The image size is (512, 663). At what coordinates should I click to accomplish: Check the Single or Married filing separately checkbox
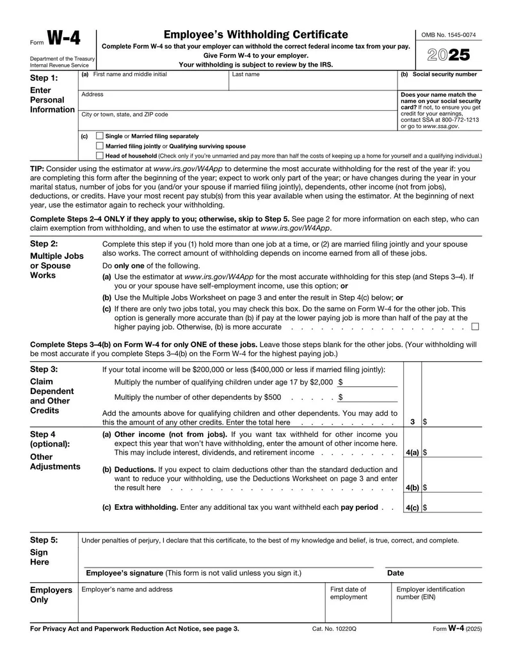pos(99,136)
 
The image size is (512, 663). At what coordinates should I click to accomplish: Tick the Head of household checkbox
pos(99,155)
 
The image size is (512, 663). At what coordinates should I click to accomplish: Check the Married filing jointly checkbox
pos(99,145)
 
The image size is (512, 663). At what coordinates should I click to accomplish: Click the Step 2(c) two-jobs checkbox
pos(475,327)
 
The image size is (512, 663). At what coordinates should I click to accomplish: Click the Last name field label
pos(246,74)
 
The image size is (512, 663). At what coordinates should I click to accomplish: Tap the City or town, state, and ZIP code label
pos(125,115)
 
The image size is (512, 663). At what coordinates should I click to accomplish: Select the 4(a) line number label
pos(412,452)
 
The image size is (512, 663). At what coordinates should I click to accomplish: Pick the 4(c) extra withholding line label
pos(412,508)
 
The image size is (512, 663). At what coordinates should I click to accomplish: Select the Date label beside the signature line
pos(396,573)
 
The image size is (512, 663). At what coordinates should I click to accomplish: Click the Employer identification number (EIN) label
pos(430,593)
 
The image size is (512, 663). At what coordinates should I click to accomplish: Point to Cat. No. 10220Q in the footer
pos(334,630)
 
